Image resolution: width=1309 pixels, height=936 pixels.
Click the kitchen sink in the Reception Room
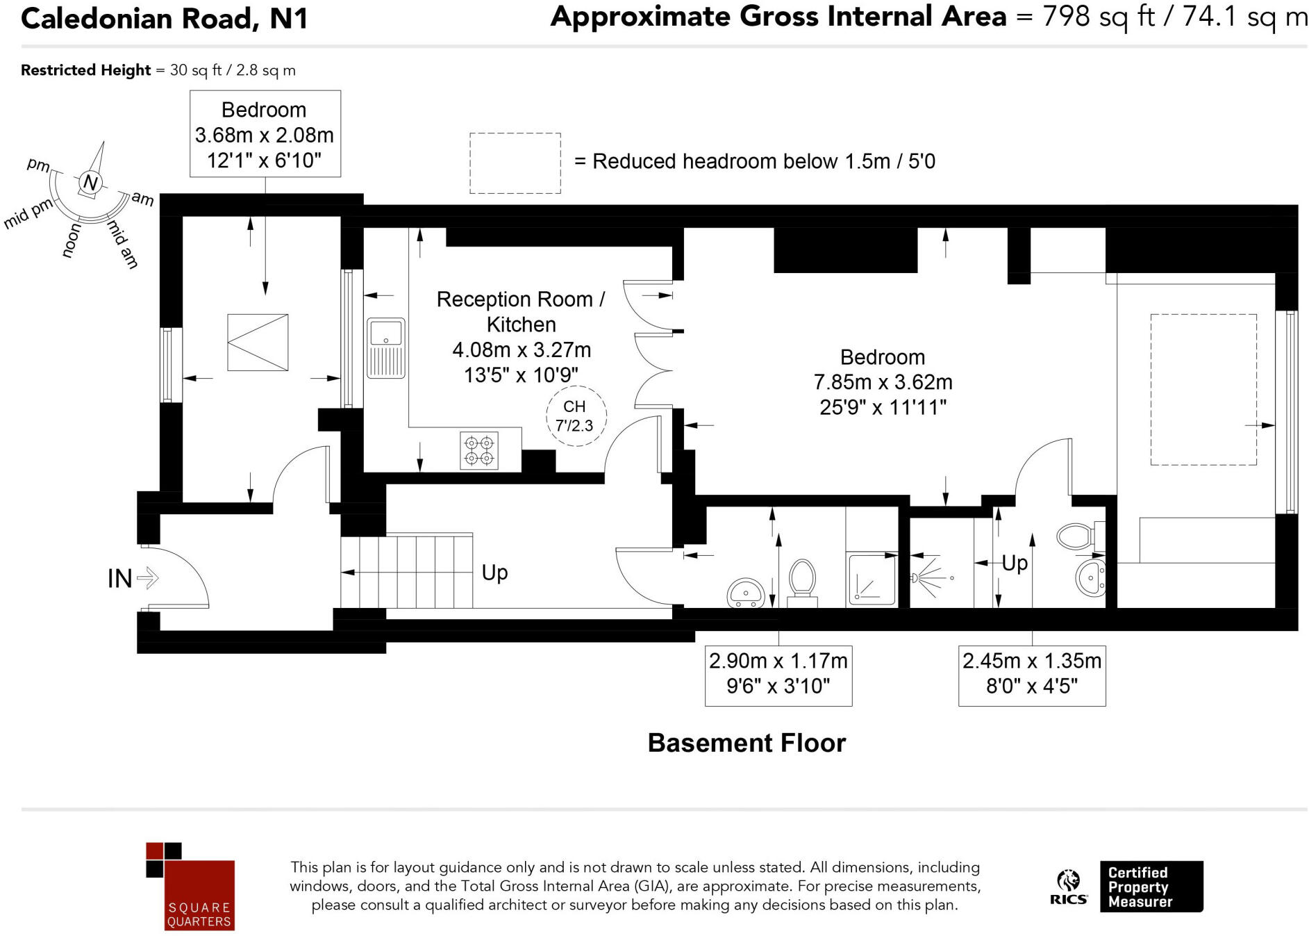[x=385, y=348]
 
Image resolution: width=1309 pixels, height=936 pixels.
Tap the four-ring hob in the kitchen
[x=479, y=450]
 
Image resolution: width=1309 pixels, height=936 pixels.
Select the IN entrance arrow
[x=148, y=577]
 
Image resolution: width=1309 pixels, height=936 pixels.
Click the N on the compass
[x=90, y=183]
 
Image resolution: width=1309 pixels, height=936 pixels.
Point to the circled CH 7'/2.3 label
[x=576, y=416]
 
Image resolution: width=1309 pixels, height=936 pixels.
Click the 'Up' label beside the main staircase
[x=494, y=573]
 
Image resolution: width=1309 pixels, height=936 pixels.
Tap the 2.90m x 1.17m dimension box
[x=778, y=673]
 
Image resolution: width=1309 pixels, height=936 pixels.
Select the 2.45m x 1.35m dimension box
[x=1032, y=673]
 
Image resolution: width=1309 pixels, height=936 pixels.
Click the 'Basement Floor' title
[x=747, y=743]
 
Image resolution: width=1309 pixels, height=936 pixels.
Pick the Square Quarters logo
[x=190, y=887]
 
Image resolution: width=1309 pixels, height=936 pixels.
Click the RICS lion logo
[x=1069, y=887]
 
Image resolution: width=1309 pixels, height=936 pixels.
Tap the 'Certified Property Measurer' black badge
[x=1151, y=887]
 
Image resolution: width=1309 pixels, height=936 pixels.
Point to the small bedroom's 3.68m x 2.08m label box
[x=265, y=133]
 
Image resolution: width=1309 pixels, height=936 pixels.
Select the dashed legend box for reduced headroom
[x=515, y=163]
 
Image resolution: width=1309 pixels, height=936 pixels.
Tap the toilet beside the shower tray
[x=802, y=582]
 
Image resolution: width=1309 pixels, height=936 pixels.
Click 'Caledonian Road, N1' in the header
[x=165, y=18]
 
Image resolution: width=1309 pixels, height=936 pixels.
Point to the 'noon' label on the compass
[x=72, y=240]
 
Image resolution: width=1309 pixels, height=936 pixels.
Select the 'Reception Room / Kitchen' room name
[x=521, y=312]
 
